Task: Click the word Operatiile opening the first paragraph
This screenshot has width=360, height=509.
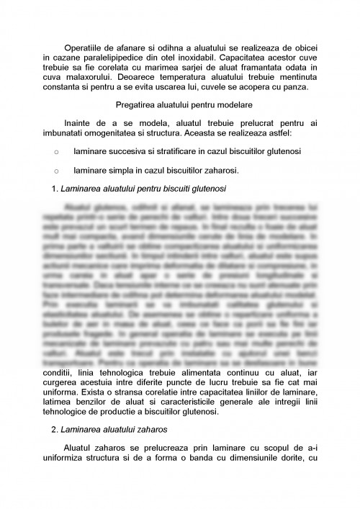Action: pyautogui.click(x=84, y=47)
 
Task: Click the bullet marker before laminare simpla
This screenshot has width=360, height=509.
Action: pyautogui.click(x=57, y=171)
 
